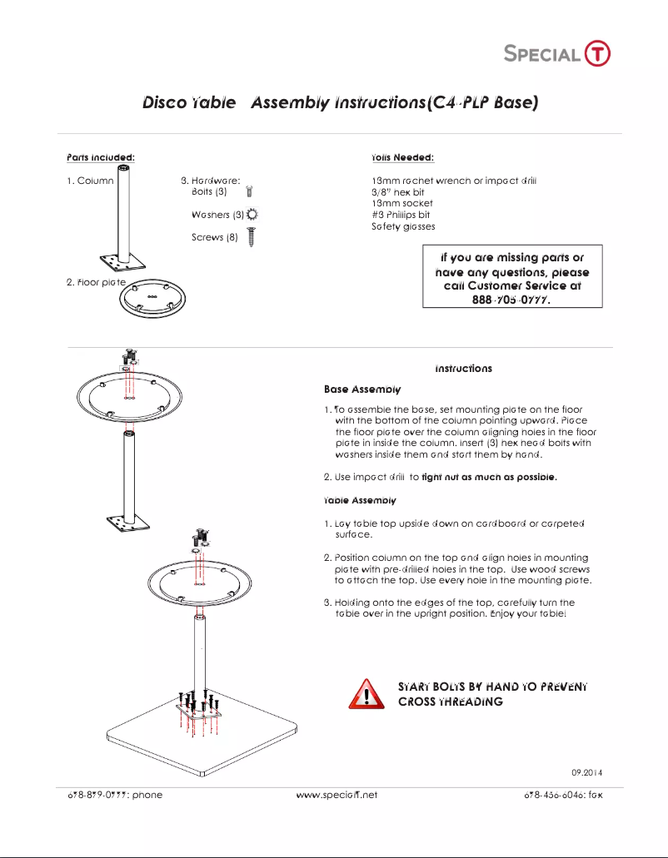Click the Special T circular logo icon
[x=597, y=53]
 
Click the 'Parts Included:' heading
[x=100, y=157]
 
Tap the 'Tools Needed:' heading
[x=402, y=157]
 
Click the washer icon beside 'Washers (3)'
[x=253, y=215]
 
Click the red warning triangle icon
[x=366, y=694]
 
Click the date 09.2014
[x=586, y=773]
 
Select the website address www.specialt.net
[x=336, y=795]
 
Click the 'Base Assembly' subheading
[x=362, y=389]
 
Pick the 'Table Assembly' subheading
[x=360, y=500]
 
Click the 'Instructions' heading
[x=463, y=368]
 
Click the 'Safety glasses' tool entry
[x=403, y=226]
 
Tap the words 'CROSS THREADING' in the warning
[x=450, y=702]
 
